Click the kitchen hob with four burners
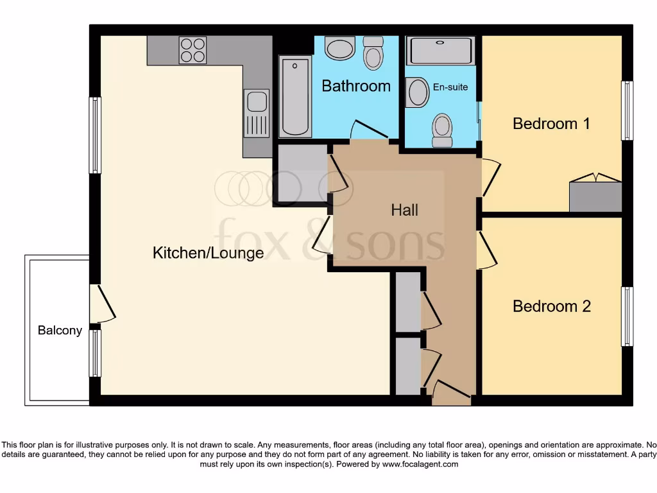coord(193,50)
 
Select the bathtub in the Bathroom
coord(295,96)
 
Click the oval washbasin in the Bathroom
coord(340,48)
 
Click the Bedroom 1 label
coord(551,123)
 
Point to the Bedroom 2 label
coord(551,306)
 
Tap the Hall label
coord(404,210)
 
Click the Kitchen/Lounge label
coord(208,253)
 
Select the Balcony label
coord(60,331)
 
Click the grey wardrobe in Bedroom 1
coord(595,196)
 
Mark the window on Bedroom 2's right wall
coord(627,316)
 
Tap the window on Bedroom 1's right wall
coord(627,110)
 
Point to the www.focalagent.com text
coord(420,464)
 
